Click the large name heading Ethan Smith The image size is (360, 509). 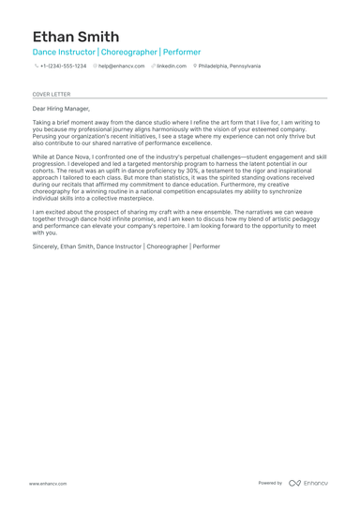click(x=74, y=37)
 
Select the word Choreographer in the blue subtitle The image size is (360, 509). click(x=128, y=52)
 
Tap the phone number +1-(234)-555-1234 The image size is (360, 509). click(x=63, y=67)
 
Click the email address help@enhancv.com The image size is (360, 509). click(x=122, y=67)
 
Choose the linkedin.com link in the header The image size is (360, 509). click(x=172, y=67)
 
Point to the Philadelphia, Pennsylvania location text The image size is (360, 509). click(x=230, y=67)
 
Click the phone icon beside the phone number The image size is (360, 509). click(x=36, y=67)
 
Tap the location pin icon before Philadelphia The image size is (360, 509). click(x=195, y=67)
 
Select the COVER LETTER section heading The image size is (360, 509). click(x=51, y=94)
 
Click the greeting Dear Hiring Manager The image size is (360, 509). click(x=61, y=109)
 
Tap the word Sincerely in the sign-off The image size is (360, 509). click(x=45, y=246)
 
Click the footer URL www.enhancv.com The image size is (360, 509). click(x=47, y=483)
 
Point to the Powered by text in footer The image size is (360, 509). click(x=270, y=483)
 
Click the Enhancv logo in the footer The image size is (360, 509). click(x=308, y=483)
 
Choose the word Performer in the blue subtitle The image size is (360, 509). click(x=182, y=52)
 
